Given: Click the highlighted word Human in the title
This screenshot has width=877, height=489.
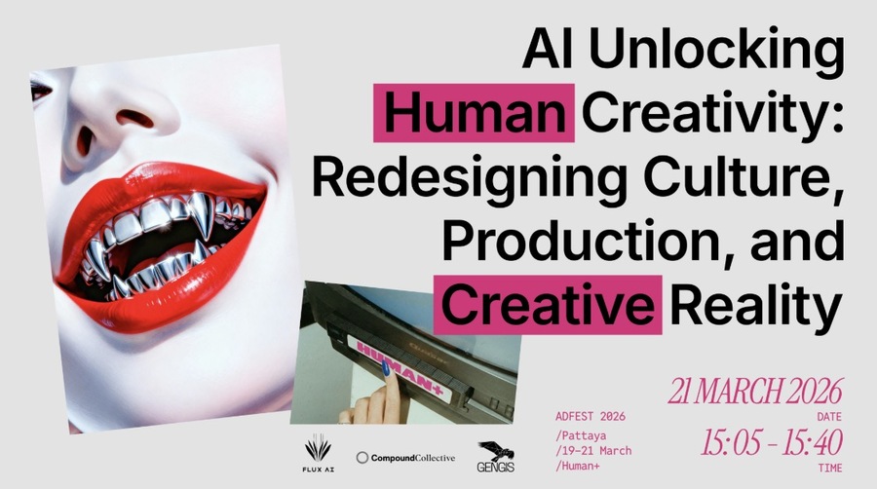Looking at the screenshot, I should pyautogui.click(x=474, y=115).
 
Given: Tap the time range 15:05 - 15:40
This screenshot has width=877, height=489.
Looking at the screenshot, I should pyautogui.click(x=770, y=440).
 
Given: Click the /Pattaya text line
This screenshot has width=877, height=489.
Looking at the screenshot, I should pyautogui.click(x=582, y=433).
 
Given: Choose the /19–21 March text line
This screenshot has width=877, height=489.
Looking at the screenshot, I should pyautogui.click(x=593, y=450).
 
